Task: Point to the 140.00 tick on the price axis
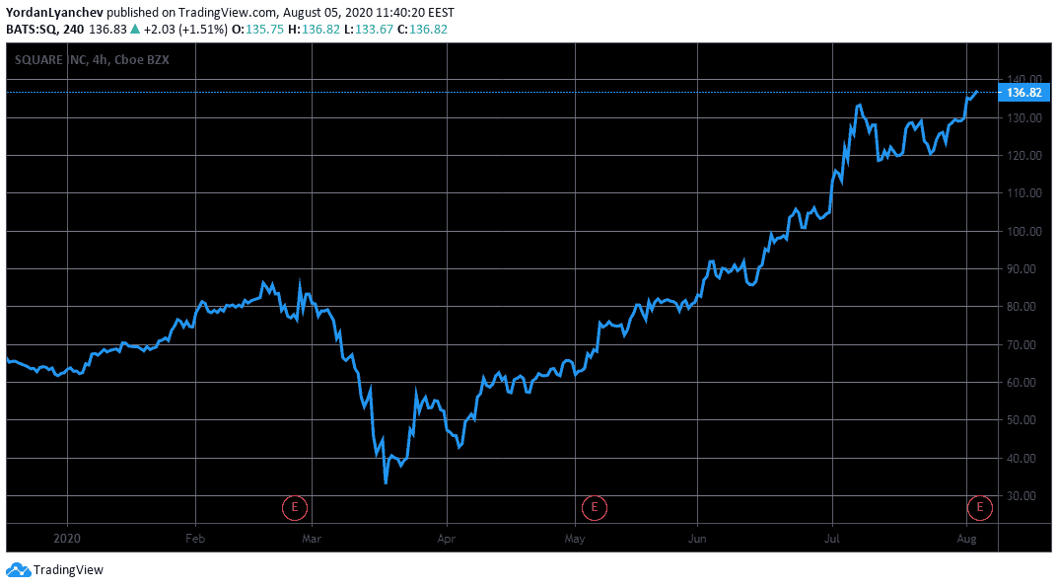pos(1025,80)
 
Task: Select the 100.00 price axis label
pos(1025,231)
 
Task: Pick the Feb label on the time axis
pos(195,539)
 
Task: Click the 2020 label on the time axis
pos(67,539)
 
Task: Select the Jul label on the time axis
pos(832,539)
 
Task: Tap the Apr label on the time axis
pos(448,539)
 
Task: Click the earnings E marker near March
pos(294,508)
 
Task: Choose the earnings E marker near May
pos(594,508)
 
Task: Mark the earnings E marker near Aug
pos(979,508)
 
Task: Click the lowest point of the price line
pos(386,483)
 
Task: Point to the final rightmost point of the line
pos(977,92)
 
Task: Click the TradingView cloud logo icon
pos(18,569)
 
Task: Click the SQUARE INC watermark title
pos(59,59)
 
